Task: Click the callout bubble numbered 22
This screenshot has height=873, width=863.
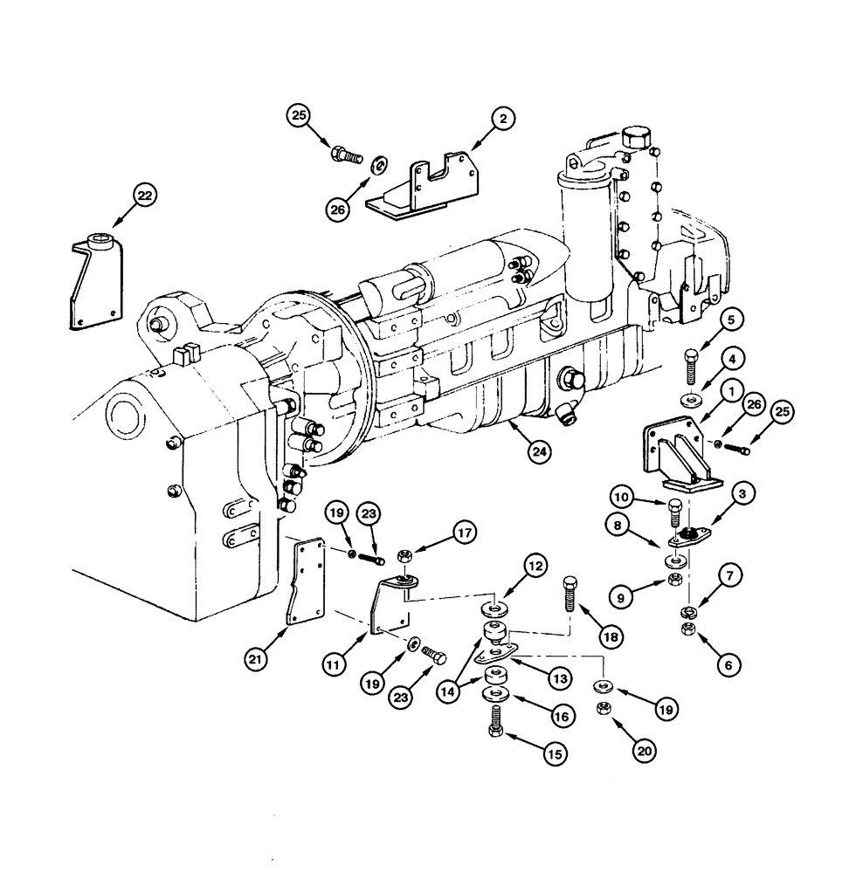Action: point(144,197)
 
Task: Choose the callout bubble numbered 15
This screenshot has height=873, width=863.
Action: point(553,753)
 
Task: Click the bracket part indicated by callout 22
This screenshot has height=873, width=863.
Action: point(94,279)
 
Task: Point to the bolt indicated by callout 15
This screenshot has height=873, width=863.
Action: point(494,724)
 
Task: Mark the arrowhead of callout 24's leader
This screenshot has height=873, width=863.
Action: point(509,423)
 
